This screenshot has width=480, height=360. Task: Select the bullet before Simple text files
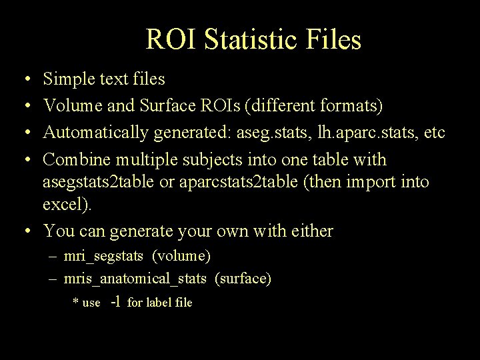tap(24, 80)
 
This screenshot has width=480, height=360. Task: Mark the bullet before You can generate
tap(24, 231)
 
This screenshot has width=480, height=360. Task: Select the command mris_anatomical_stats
tap(135, 279)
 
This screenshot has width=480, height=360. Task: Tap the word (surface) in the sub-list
tap(243, 279)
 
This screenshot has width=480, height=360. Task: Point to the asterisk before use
tap(75, 303)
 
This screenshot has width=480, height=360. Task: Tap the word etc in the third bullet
tap(434, 133)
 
